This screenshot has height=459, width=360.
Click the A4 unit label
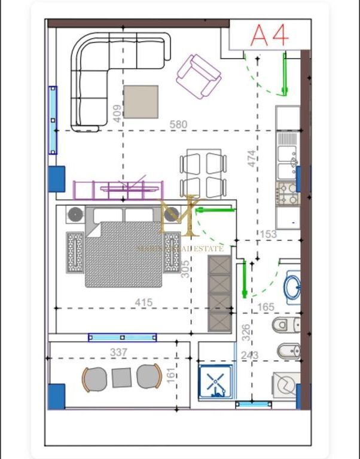click(x=269, y=35)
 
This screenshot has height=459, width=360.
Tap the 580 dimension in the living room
click(x=178, y=124)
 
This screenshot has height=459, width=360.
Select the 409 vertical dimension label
click(x=117, y=111)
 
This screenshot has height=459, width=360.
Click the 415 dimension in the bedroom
click(x=144, y=302)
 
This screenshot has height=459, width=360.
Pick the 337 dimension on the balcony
click(x=119, y=352)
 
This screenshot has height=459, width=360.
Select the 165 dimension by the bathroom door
click(x=266, y=307)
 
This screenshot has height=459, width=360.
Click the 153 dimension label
click(x=268, y=234)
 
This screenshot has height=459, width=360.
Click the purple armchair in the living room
click(x=198, y=74)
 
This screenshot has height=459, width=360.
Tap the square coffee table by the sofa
click(x=141, y=102)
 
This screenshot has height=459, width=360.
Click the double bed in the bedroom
click(x=124, y=250)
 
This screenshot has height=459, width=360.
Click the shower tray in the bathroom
click(x=217, y=380)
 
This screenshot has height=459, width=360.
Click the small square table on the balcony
click(x=122, y=377)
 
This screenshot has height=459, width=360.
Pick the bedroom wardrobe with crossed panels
click(x=219, y=293)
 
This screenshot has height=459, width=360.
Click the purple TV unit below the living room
click(x=118, y=189)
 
